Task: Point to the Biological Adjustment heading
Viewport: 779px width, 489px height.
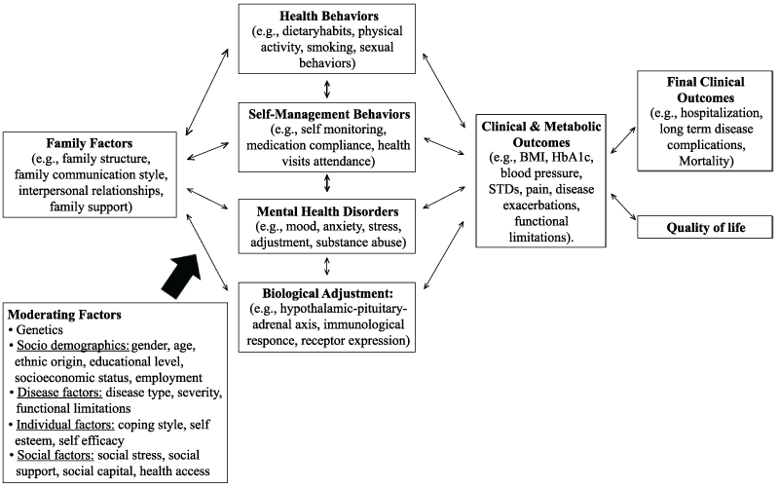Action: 326,291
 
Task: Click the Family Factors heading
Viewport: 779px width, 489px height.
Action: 93,142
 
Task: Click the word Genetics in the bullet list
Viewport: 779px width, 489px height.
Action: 40,330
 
